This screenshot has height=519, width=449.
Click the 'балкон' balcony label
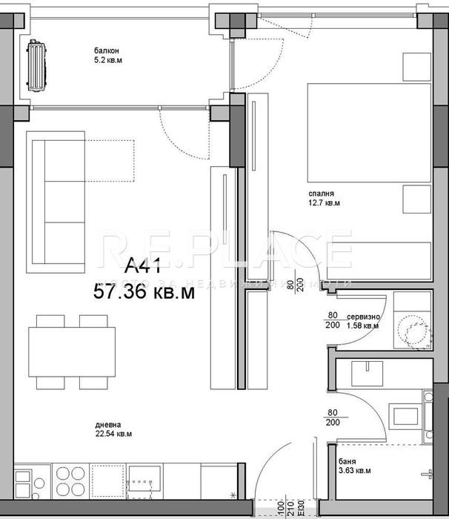click(x=104, y=49)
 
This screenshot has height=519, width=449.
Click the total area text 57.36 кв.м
click(x=144, y=291)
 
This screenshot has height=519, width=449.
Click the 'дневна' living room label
click(x=104, y=426)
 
